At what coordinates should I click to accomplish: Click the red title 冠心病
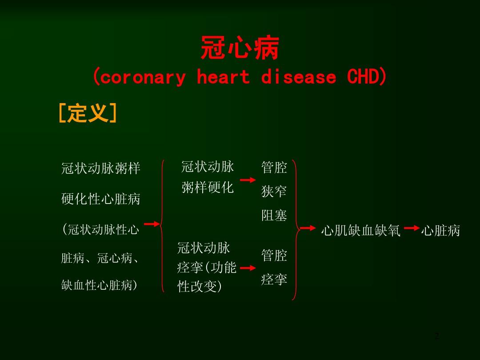pyautogui.click(x=240, y=48)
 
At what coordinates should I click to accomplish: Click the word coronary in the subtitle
pyautogui.click(x=143, y=77)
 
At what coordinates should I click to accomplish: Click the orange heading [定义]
pyautogui.click(x=88, y=113)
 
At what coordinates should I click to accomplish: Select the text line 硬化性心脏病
pyautogui.click(x=101, y=199)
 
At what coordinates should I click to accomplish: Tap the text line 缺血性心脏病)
pyautogui.click(x=100, y=285)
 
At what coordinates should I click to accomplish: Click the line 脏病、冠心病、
pyautogui.click(x=100, y=258)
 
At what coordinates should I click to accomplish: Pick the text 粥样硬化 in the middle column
pyautogui.click(x=208, y=187)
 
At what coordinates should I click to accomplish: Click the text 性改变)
pyautogui.click(x=199, y=287)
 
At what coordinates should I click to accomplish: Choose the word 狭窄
pyautogui.click(x=274, y=191)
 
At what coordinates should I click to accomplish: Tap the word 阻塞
pyautogui.click(x=274, y=215)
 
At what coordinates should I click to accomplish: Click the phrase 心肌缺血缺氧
pyautogui.click(x=360, y=231)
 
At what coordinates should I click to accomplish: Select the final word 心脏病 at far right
pyautogui.click(x=440, y=231)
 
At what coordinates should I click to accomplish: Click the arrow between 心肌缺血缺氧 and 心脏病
pyautogui.click(x=412, y=228)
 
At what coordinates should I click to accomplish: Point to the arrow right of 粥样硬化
pyautogui.click(x=248, y=180)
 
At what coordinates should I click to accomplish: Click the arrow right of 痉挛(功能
pyautogui.click(x=248, y=268)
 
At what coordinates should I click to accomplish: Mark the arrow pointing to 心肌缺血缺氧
pyautogui.click(x=308, y=228)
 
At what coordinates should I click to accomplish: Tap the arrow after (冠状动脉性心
pyautogui.click(x=152, y=224)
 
